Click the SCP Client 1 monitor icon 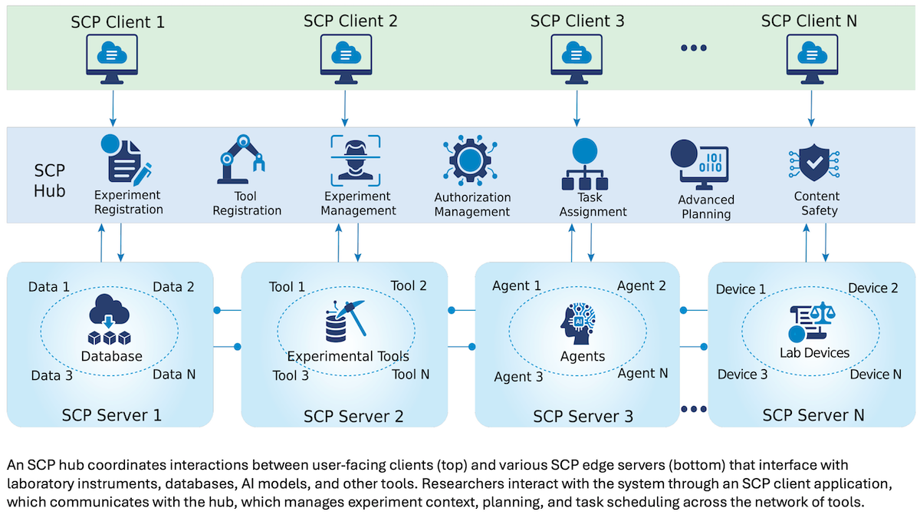coord(113,58)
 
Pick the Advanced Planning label coord(705,207)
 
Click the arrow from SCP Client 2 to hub coord(344,108)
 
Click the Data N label coord(173,374)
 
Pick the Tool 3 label coord(291,376)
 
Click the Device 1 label coord(741,289)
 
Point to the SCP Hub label coord(50,180)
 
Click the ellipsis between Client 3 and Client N coord(693,48)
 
